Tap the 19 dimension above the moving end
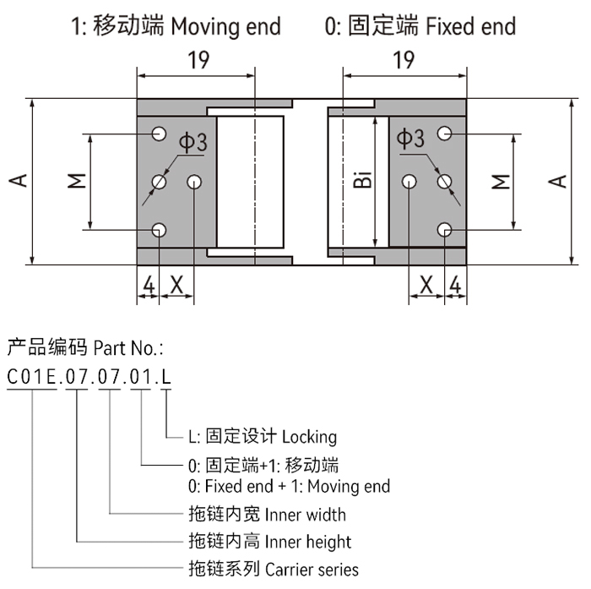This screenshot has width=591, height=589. pyautogui.click(x=196, y=61)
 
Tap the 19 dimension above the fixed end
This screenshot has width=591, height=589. pyautogui.click(x=404, y=61)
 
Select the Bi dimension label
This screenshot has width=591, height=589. pyautogui.click(x=361, y=180)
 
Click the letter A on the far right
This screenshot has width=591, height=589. pyautogui.click(x=558, y=181)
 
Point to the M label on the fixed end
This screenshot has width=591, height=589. pyautogui.click(x=501, y=181)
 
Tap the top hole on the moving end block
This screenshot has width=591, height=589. pyautogui.click(x=158, y=134)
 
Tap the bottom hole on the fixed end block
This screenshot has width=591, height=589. pyautogui.click(x=444, y=229)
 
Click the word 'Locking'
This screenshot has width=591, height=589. pyautogui.click(x=309, y=437)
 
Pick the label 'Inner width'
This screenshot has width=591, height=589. pyautogui.click(x=305, y=515)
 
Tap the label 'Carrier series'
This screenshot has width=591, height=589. pyautogui.click(x=312, y=570)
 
